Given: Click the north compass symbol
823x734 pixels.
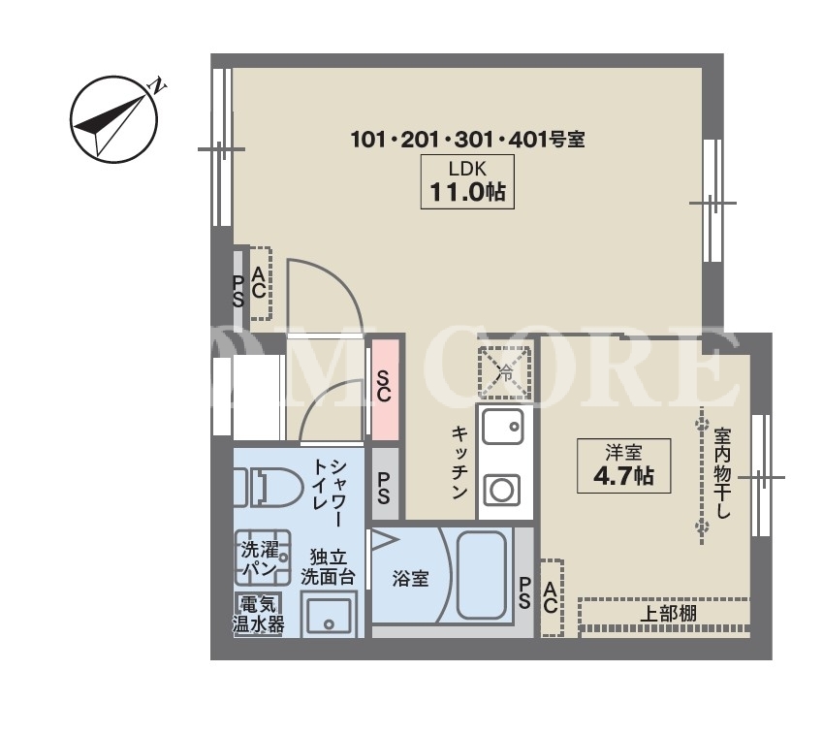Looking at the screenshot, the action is [113, 119].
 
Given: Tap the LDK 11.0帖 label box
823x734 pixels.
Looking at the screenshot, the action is [467, 181].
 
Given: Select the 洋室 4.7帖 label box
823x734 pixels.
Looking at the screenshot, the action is [623, 465].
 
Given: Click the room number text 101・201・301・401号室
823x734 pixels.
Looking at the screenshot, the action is [467, 140].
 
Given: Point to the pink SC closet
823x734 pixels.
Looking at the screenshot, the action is [385, 390].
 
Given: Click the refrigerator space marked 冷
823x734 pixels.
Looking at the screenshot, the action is [504, 372].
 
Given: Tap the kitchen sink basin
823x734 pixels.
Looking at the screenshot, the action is [502, 426].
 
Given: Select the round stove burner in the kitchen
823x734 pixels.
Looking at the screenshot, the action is [502, 491].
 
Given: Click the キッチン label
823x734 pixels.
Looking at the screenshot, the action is [459, 463].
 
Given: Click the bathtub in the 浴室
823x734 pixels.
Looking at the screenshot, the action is [482, 574].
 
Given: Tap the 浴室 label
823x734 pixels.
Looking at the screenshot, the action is [410, 579].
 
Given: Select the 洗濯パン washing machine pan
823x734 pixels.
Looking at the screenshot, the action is [263, 558].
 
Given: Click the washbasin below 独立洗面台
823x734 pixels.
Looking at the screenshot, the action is [329, 616].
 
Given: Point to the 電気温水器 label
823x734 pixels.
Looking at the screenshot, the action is [258, 613].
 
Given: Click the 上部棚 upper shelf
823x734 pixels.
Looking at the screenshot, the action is [664, 614].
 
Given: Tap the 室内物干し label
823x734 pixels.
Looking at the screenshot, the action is [722, 473].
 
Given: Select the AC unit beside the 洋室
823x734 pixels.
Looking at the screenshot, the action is [552, 597].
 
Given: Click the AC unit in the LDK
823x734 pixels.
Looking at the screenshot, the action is [260, 283].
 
